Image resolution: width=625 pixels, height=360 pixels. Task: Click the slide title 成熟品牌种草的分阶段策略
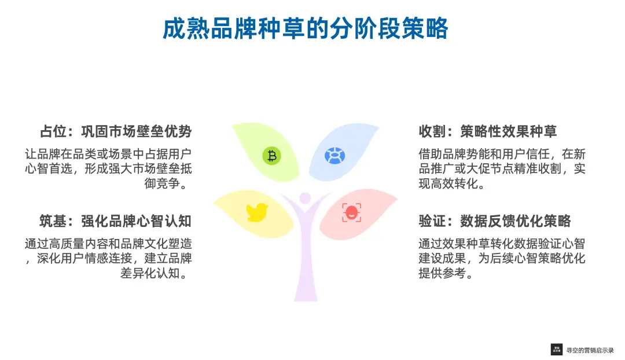tap(306, 29)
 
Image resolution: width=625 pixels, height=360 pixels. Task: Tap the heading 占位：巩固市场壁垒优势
tap(116, 131)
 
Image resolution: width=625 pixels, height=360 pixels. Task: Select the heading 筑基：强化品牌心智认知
tap(116, 221)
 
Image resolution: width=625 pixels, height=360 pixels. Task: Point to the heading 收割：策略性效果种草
tap(487, 131)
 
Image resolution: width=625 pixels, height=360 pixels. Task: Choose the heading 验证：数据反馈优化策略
tap(495, 221)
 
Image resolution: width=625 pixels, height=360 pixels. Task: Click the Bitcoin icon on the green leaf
tap(272, 156)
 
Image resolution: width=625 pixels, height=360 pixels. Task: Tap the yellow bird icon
tap(257, 212)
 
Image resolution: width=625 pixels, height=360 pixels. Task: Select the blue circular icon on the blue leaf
tap(335, 156)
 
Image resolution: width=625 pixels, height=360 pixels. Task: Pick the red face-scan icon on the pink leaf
tap(352, 212)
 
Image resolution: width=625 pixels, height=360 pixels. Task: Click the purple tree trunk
tap(306, 255)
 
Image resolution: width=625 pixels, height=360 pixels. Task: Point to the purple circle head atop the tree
tap(305, 198)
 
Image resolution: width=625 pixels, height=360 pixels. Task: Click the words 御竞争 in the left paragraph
tap(162, 183)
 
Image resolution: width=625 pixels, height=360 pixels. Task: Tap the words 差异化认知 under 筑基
tap(150, 273)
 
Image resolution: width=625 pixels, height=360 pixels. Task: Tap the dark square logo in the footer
tap(557, 350)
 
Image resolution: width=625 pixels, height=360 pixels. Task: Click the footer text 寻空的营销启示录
tap(590, 350)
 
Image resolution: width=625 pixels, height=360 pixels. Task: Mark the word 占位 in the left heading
tap(53, 131)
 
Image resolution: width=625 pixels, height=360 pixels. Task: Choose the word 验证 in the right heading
tap(432, 221)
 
